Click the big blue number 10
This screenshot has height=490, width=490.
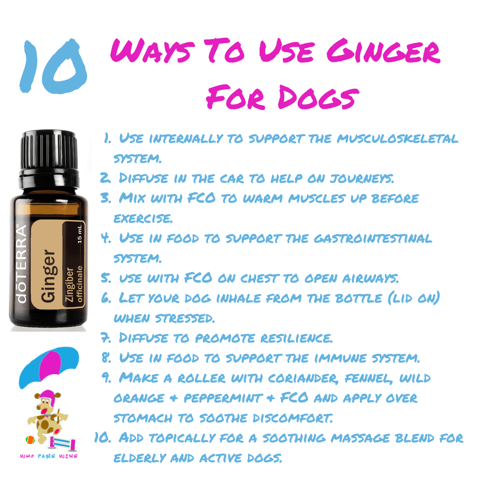tap(53, 66)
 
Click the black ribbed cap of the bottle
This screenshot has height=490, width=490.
tap(49, 150)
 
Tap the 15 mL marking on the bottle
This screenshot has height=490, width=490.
tap(79, 234)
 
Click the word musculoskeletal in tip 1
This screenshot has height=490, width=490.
tap(397, 138)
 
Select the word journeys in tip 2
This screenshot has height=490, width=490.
tap(362, 178)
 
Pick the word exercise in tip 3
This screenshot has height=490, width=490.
tap(143, 218)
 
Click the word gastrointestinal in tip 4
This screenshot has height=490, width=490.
tap(373, 239)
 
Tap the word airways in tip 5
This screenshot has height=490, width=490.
tap(370, 278)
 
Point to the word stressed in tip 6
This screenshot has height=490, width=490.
tap(185, 318)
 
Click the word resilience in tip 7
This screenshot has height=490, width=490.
tap(296, 338)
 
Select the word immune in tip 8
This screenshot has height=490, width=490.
tap(340, 358)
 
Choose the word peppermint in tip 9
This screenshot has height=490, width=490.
tap(223, 398)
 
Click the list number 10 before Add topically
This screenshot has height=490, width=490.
tap(103, 437)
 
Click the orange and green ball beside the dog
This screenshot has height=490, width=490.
tap(30, 440)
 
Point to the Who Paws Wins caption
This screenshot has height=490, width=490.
tap(49, 456)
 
